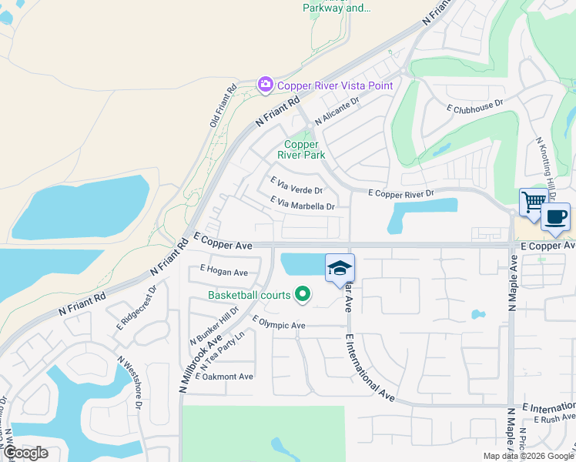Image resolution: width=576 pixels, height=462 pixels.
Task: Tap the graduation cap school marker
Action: (x=340, y=269)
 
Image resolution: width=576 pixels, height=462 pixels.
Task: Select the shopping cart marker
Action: (x=532, y=203)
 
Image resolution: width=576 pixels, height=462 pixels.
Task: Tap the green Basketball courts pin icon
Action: (x=303, y=294)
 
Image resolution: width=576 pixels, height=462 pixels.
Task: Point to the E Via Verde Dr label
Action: (x=296, y=185)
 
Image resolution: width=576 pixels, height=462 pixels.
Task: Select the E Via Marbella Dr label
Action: (x=303, y=204)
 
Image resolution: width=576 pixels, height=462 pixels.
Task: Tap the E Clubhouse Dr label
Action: (x=475, y=105)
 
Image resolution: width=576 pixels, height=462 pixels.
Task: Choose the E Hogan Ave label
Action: (x=223, y=271)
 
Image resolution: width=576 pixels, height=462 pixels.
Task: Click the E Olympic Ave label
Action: (x=279, y=324)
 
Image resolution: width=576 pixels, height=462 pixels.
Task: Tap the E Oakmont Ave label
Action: (x=224, y=377)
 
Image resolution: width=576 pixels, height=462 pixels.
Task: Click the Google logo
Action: (x=25, y=453)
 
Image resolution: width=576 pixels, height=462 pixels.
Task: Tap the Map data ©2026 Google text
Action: (x=527, y=456)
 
